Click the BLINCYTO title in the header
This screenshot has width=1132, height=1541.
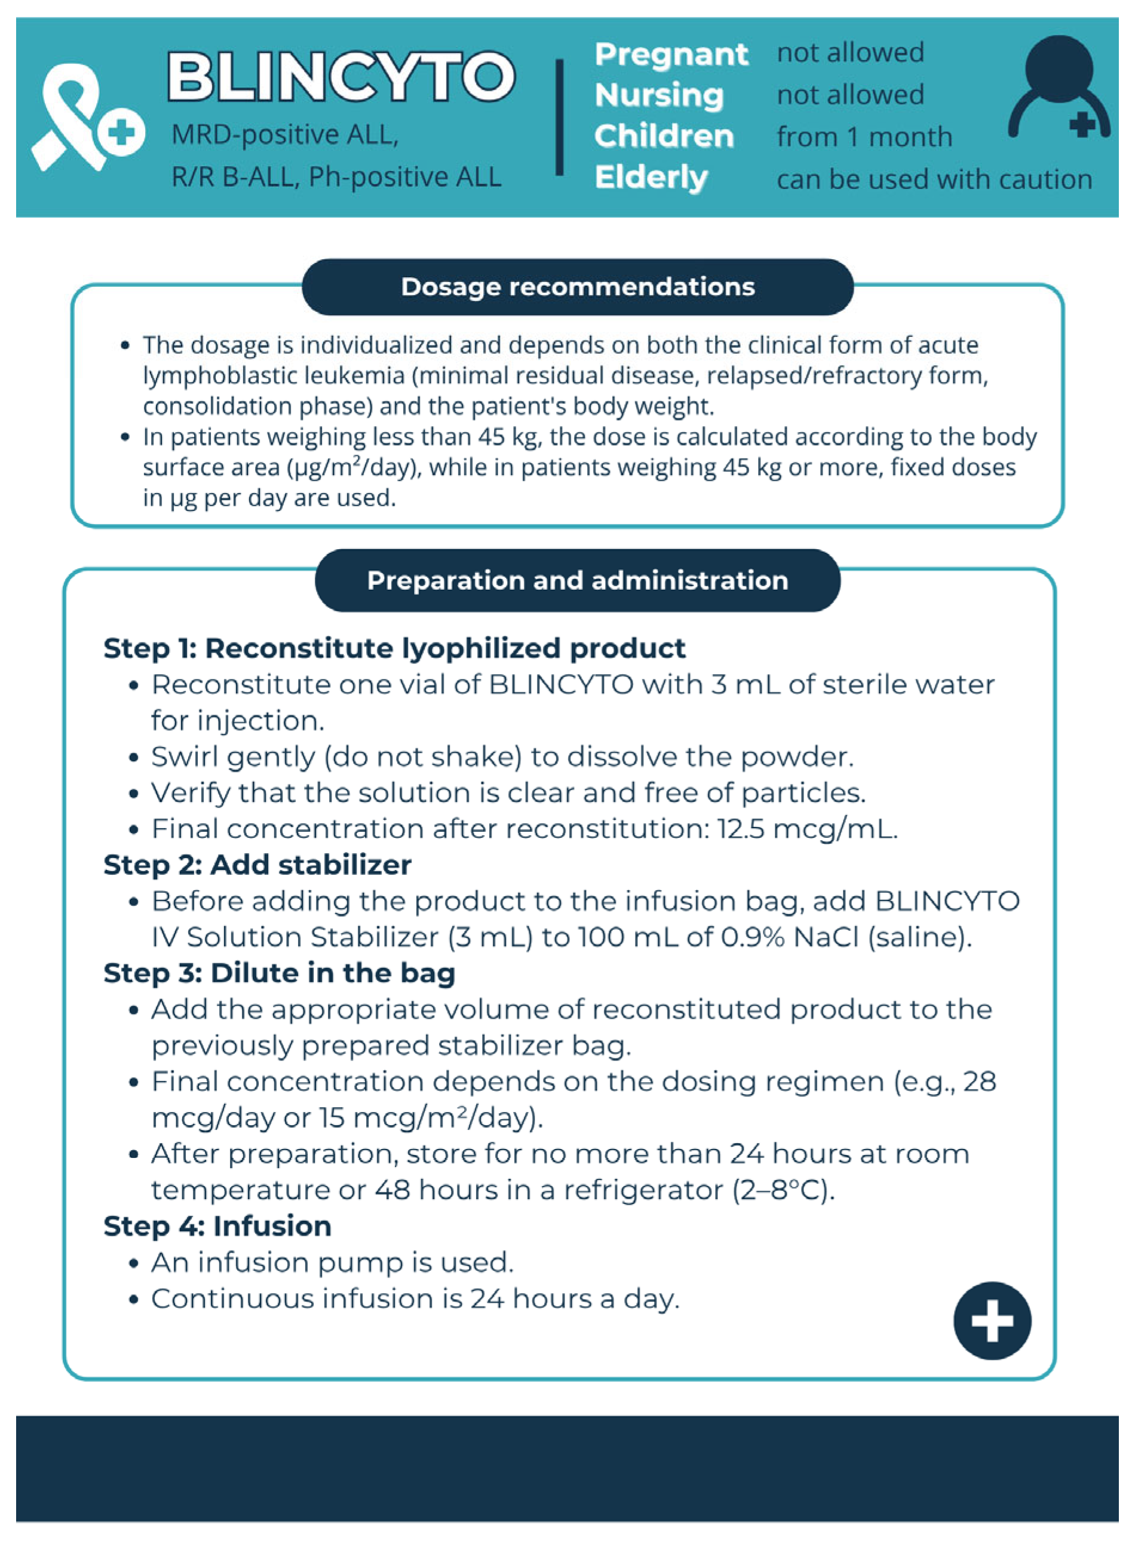point(340,76)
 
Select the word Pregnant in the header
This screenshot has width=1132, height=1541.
point(671,54)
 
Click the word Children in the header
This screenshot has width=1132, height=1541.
point(663,136)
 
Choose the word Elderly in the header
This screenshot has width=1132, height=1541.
point(651,177)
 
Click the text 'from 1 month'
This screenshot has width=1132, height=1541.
point(864,137)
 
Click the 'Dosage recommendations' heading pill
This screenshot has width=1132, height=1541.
point(578,287)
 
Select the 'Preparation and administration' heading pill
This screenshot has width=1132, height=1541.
point(578,581)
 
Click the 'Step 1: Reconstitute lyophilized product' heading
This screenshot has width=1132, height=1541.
point(394,648)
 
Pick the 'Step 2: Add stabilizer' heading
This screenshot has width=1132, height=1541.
point(257,865)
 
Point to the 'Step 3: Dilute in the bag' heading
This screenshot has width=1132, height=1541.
point(279,973)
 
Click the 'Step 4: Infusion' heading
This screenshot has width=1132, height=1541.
point(217,1226)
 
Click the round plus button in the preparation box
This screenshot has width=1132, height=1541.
point(992,1321)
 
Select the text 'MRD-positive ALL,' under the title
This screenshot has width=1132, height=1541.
point(284,135)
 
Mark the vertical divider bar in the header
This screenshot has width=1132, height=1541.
point(559,117)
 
